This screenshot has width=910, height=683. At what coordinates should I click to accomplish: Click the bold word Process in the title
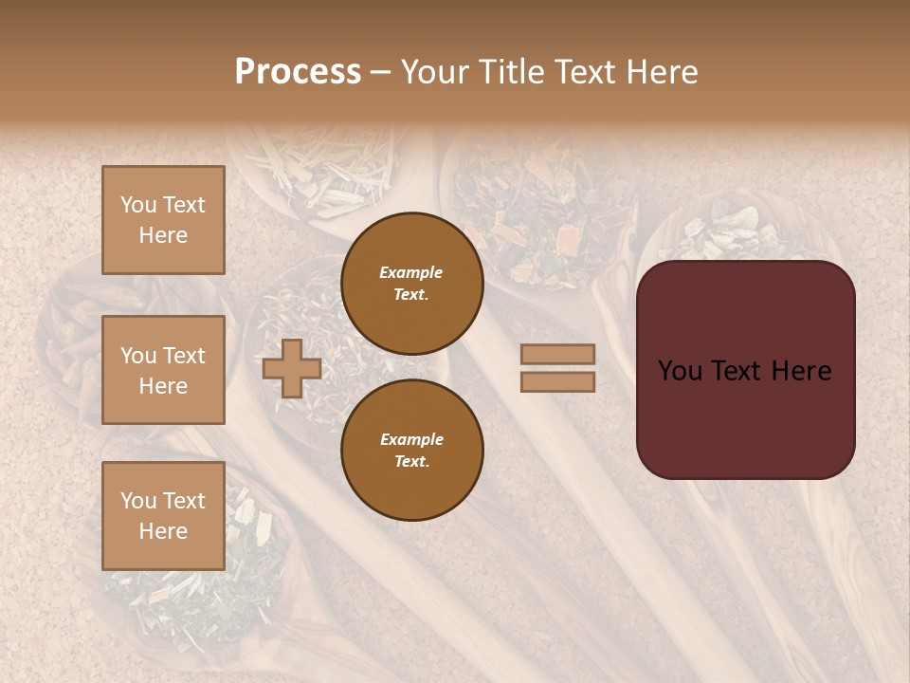tap(298, 72)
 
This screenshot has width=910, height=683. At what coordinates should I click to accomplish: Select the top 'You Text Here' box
tap(163, 220)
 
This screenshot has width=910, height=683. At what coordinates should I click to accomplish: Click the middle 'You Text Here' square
tap(163, 370)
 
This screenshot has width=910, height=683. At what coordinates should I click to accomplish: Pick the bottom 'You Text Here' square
tap(163, 516)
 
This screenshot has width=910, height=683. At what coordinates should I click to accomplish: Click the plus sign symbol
tap(291, 368)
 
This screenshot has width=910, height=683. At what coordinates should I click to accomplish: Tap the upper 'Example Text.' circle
tap(411, 284)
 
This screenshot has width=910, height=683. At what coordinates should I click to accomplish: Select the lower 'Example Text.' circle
tap(411, 451)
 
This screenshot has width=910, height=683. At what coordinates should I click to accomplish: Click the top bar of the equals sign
tap(558, 355)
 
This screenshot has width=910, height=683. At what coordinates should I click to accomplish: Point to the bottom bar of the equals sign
tap(558, 381)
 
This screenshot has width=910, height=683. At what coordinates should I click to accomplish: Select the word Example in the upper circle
tap(411, 272)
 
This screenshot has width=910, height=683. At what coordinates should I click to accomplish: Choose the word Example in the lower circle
tap(411, 439)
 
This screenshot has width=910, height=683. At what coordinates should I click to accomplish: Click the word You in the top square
tap(137, 205)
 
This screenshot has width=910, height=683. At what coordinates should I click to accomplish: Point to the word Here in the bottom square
tap(163, 531)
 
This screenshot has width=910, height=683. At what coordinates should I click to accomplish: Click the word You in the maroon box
tap(681, 371)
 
